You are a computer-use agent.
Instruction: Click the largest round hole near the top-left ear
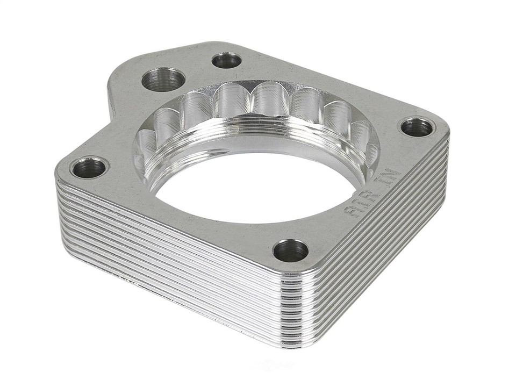(x=163, y=80)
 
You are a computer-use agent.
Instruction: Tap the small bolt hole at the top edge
(x=226, y=60)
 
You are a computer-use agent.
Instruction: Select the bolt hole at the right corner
(x=417, y=127)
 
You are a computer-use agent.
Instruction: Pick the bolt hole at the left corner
(x=89, y=168)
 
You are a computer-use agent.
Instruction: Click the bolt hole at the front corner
(x=290, y=250)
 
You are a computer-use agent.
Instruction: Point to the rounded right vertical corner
(x=445, y=156)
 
